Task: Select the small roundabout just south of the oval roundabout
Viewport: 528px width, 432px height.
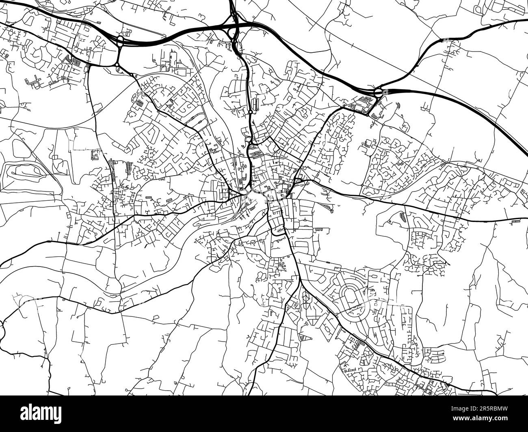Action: click(117, 64)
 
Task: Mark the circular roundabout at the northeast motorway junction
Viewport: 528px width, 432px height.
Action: click(379, 92)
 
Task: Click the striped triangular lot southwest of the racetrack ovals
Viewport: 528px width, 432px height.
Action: click(303, 336)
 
